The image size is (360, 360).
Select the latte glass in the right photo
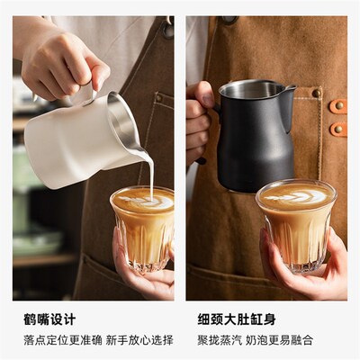(x=294, y=225)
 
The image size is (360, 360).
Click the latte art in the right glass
(x=294, y=194)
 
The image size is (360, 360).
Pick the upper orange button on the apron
(x=338, y=106)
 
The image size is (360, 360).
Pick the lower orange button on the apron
(x=338, y=128)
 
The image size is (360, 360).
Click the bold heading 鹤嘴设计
(x=49, y=319)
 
